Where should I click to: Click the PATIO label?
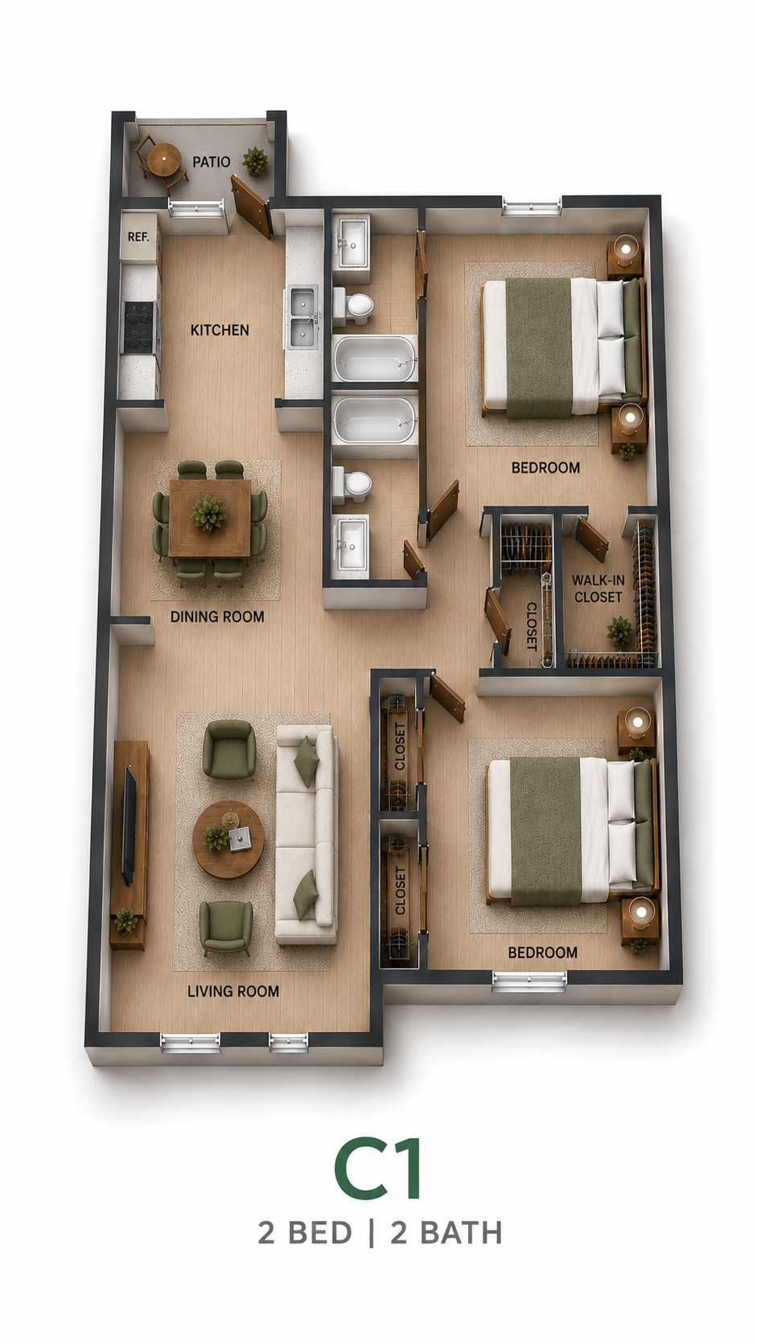[x=211, y=162]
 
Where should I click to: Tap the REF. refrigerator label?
[x=138, y=237]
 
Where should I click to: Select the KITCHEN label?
[x=220, y=330]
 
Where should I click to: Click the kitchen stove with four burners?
[x=140, y=327]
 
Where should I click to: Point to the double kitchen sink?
[x=303, y=318]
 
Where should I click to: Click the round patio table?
[x=163, y=160]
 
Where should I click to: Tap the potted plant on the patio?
[x=256, y=160]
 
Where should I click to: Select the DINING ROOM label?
[x=217, y=617]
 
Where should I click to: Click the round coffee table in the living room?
[x=228, y=839]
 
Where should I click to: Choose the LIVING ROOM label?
[x=233, y=991]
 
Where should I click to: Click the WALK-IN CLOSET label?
[x=598, y=588]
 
